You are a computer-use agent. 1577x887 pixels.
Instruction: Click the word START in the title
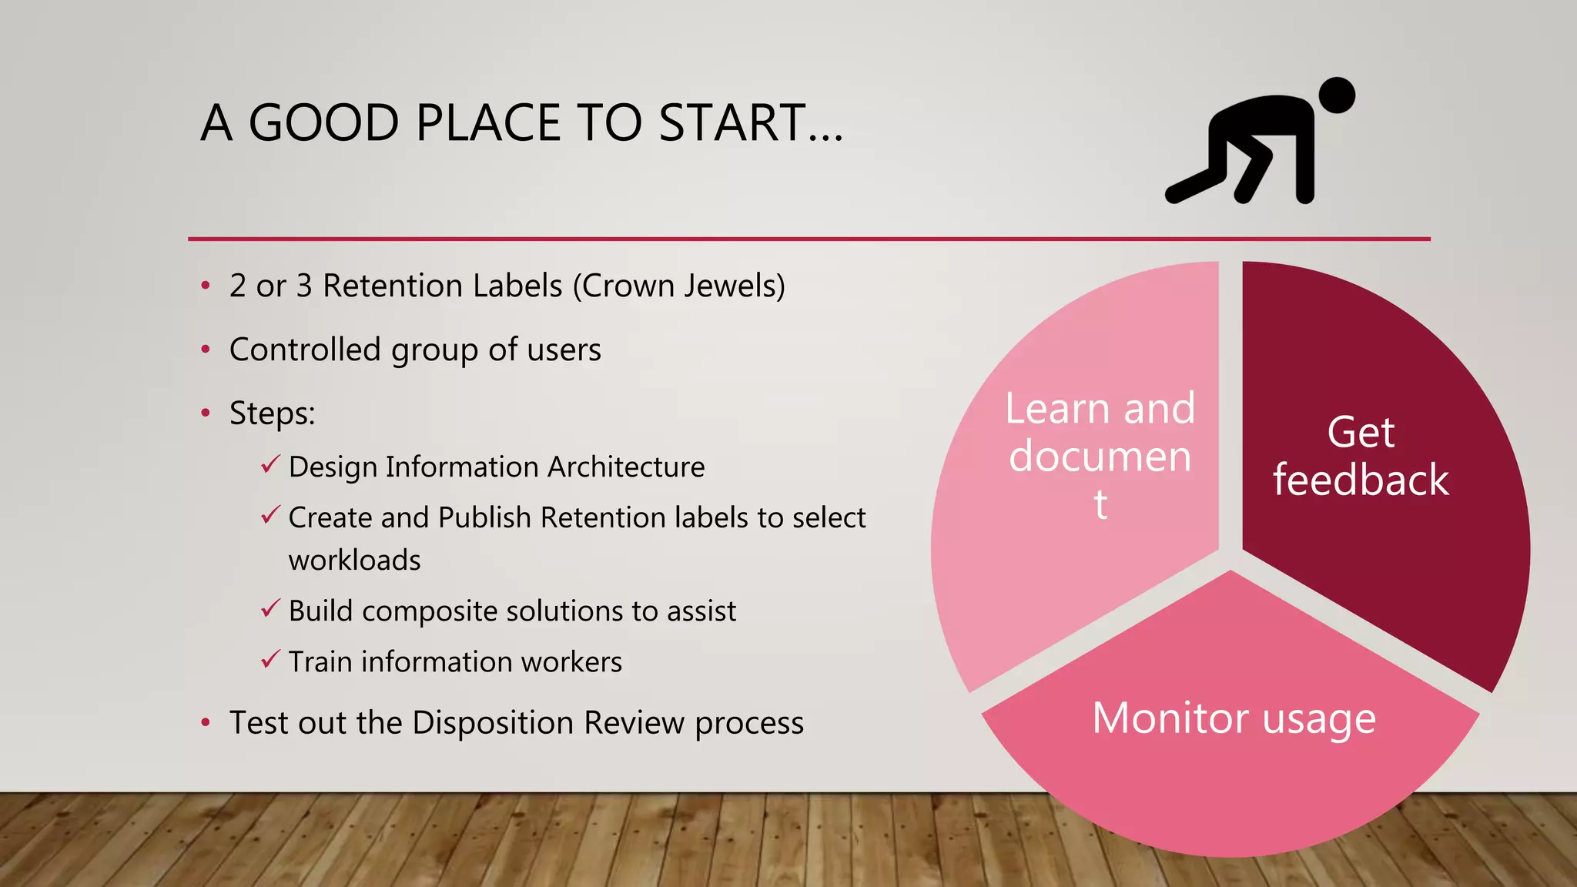pyautogui.click(x=732, y=123)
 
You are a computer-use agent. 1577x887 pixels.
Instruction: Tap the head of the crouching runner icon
pyautogui.click(x=1337, y=95)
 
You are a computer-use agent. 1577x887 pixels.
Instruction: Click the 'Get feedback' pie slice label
pyautogui.click(x=1361, y=456)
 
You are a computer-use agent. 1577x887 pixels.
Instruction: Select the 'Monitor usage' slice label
pyautogui.click(x=1234, y=718)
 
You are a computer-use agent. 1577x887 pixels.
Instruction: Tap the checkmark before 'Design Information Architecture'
pyautogui.click(x=270, y=465)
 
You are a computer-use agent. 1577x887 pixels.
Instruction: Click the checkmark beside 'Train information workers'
pyautogui.click(x=270, y=660)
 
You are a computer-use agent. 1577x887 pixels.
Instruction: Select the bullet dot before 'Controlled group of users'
pyautogui.click(x=206, y=350)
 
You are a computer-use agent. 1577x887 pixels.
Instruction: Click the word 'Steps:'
pyautogui.click(x=273, y=413)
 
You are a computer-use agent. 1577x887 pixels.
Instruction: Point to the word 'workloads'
pyautogui.click(x=354, y=560)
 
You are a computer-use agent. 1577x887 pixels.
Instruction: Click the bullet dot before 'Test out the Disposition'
pyautogui.click(x=206, y=722)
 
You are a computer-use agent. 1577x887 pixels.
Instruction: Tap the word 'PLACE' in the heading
pyautogui.click(x=489, y=123)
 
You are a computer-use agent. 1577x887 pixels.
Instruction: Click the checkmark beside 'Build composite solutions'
pyautogui.click(x=270, y=609)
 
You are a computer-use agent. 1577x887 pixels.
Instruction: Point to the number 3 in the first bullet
pyautogui.click(x=304, y=286)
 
